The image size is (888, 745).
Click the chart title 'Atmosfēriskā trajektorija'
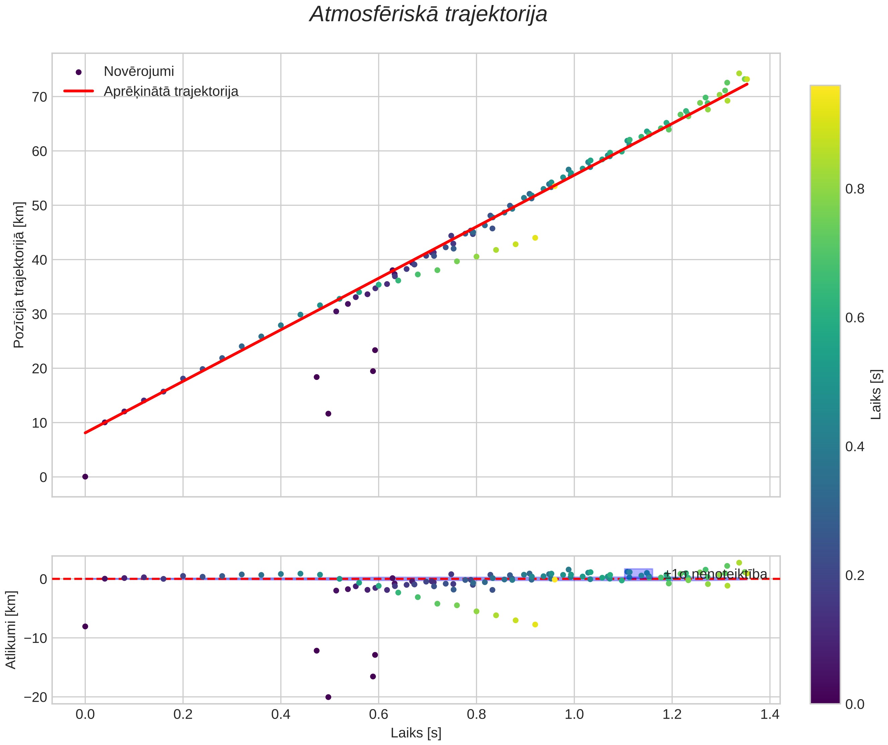point(428,14)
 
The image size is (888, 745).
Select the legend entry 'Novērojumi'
point(139,72)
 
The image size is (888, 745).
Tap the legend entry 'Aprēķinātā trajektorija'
point(171,91)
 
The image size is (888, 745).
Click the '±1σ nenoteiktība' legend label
point(715,574)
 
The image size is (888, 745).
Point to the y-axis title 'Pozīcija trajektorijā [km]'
point(19,275)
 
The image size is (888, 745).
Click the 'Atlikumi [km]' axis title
point(11,630)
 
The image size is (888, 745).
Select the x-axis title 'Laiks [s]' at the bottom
point(416,733)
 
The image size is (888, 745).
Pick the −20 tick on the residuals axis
point(35,697)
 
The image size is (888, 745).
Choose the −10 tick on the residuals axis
point(35,638)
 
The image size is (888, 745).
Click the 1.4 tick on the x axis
point(770,715)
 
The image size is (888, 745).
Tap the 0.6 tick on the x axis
point(379,715)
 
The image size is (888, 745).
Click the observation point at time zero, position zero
point(85,477)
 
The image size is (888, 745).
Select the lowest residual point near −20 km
point(328,697)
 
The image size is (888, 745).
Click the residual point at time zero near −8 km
point(85,626)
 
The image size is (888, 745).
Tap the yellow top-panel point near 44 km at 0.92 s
point(535,238)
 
